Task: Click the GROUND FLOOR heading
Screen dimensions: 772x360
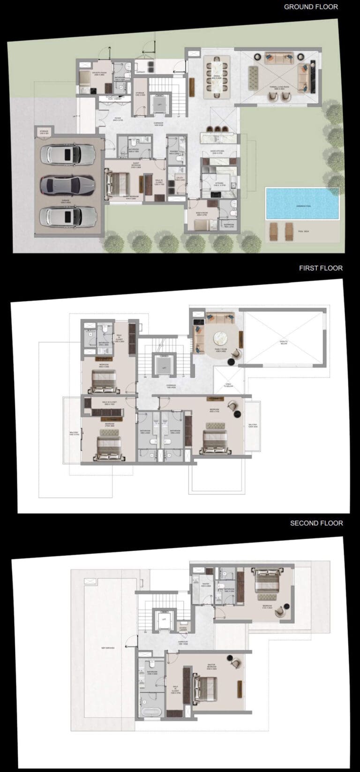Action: [310, 7]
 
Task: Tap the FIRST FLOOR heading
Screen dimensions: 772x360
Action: [321, 268]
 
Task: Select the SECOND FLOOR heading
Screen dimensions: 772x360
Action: [316, 523]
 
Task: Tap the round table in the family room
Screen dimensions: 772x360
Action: [222, 338]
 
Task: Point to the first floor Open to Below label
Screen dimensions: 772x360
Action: [284, 343]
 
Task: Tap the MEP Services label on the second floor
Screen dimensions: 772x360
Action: [108, 648]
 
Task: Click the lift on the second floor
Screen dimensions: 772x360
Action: [164, 620]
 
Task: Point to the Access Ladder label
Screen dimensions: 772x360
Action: [183, 629]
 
